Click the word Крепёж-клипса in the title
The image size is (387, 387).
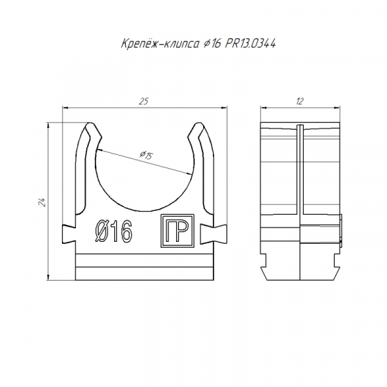160,44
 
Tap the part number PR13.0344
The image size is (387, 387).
250,44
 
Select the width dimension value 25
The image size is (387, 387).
144,101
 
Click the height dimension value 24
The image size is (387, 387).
41,202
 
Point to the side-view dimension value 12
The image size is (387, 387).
300,101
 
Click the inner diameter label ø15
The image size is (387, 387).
146,155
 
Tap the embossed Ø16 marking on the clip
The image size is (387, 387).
114,231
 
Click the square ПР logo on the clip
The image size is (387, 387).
177,230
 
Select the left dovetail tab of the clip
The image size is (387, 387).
69,233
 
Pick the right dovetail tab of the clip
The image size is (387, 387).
213,233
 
